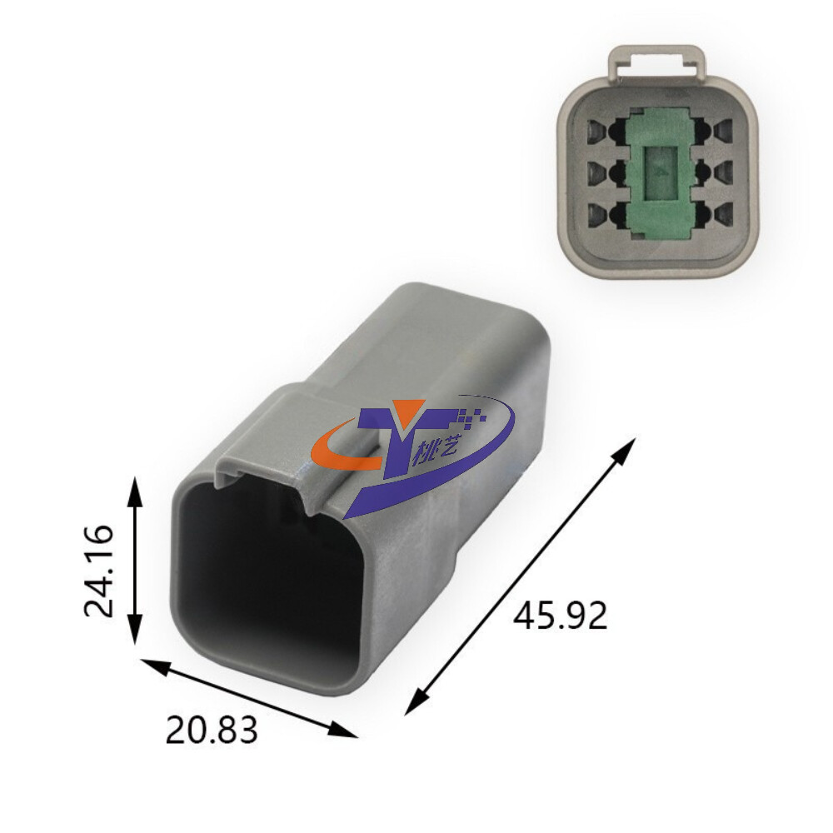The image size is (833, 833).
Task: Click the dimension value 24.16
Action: pos(99,571)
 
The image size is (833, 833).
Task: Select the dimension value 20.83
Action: pos(212,729)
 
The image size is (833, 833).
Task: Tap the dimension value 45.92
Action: pos(560,616)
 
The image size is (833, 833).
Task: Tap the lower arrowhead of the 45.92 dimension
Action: pos(417,701)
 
